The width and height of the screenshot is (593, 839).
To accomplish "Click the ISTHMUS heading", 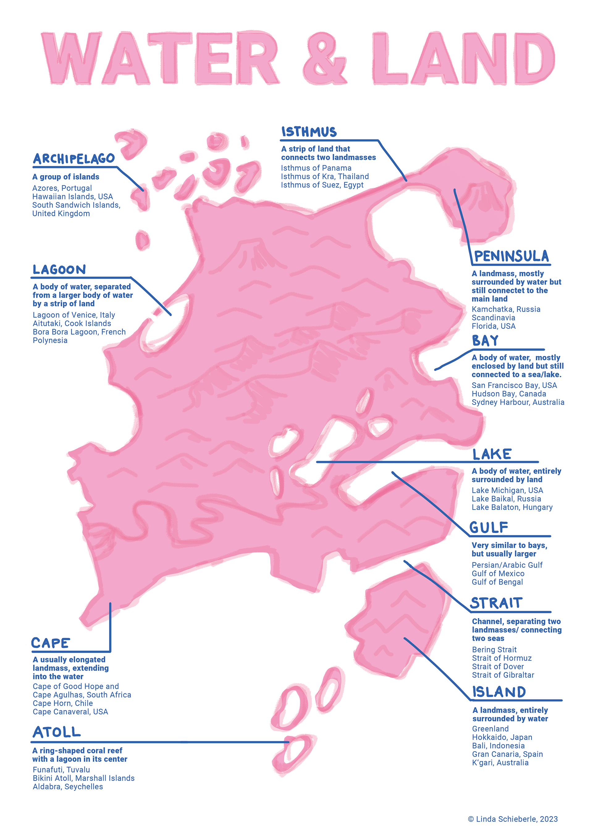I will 309,132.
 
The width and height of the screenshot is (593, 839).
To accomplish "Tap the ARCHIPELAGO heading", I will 74,159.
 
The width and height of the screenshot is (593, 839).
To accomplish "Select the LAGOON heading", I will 59,270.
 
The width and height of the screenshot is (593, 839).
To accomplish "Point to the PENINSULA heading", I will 511,256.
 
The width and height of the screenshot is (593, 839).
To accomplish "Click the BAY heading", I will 485,341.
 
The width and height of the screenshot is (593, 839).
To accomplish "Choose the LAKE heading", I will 492,454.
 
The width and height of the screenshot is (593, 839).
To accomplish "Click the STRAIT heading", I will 496,603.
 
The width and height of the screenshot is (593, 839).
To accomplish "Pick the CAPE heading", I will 50,643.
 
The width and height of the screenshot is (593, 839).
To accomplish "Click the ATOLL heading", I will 57,732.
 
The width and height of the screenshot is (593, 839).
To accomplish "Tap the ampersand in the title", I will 324,58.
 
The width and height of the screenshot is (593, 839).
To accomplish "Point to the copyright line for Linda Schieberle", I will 513,819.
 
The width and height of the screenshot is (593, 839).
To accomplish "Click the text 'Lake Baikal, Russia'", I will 506,499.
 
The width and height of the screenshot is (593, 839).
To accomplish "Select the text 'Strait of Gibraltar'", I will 503,675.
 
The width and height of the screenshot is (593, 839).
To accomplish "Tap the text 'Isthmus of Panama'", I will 316,168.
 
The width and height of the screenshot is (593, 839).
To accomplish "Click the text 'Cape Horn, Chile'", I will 63,703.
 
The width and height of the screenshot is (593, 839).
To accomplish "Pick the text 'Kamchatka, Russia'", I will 506,309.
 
